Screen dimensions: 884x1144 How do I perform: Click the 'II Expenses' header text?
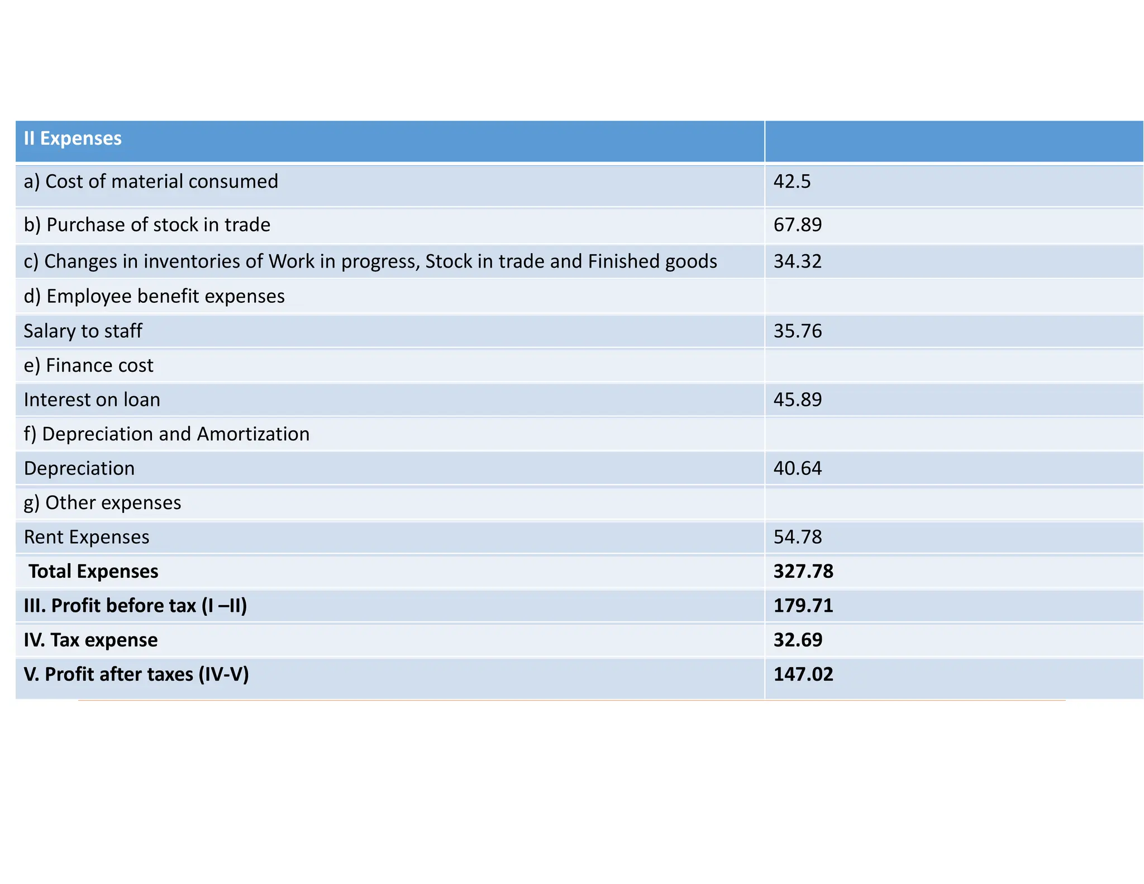click(73, 139)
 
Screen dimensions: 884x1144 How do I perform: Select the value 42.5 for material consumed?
click(792, 182)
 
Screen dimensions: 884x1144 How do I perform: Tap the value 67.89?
click(797, 225)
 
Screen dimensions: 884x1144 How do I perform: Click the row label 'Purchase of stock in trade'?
click(147, 225)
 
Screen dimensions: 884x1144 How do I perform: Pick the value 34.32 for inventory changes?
click(797, 262)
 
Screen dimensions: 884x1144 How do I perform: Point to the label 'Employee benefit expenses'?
click(154, 296)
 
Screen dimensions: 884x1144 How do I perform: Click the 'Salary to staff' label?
click(83, 331)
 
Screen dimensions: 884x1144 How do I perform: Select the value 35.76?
click(797, 331)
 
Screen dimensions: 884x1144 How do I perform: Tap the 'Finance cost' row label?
click(88, 365)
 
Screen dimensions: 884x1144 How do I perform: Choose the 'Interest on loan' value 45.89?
click(797, 400)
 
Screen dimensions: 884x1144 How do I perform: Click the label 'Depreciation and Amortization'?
click(166, 434)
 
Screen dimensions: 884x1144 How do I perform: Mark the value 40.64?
click(797, 468)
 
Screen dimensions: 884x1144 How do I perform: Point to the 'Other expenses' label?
click(102, 503)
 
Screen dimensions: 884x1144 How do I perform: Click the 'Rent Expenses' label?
click(87, 537)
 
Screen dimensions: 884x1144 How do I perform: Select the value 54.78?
click(797, 537)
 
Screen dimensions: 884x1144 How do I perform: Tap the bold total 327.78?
click(803, 571)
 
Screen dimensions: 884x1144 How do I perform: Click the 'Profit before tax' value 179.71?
click(803, 606)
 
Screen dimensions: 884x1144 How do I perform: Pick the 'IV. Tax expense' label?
click(90, 640)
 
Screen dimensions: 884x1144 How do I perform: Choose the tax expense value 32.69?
click(797, 640)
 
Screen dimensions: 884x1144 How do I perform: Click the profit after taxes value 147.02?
click(803, 674)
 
